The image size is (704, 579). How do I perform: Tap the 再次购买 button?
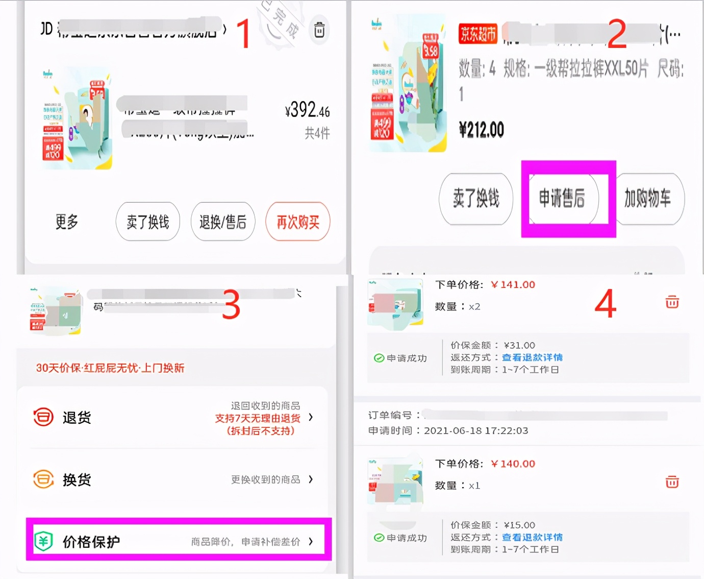click(x=298, y=222)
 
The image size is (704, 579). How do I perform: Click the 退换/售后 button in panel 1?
click(x=223, y=222)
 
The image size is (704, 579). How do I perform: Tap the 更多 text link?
click(x=67, y=222)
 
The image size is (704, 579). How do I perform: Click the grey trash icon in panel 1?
click(x=319, y=30)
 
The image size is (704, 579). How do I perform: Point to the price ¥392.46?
click(x=307, y=110)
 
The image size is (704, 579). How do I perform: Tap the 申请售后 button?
click(x=562, y=198)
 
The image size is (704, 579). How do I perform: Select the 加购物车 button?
click(x=648, y=198)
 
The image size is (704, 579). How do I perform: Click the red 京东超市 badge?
click(x=478, y=34)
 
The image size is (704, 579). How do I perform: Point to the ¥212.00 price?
click(x=482, y=130)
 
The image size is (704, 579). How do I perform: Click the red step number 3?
click(x=231, y=305)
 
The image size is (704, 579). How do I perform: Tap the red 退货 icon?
click(x=43, y=417)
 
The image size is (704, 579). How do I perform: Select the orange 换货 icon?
click(x=43, y=479)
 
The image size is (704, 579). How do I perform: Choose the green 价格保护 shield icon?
click(x=43, y=541)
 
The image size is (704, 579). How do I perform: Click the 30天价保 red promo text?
click(x=110, y=368)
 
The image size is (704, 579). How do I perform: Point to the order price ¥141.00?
click(x=513, y=285)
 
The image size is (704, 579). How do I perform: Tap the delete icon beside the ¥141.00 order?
click(x=672, y=302)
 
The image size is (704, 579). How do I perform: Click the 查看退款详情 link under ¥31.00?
click(x=532, y=357)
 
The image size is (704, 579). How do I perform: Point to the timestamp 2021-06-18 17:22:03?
click(x=476, y=430)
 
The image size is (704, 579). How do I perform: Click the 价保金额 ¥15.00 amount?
click(x=519, y=525)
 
